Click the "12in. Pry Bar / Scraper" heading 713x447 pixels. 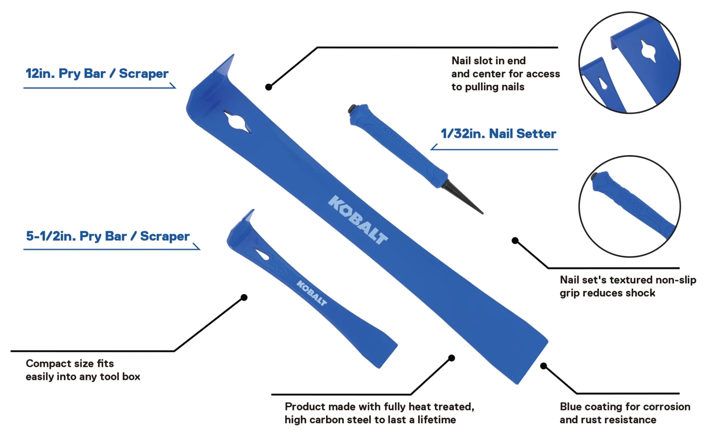[x=97, y=74]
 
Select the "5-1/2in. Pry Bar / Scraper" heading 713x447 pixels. [x=108, y=236]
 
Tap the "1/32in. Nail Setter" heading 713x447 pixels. [x=498, y=134]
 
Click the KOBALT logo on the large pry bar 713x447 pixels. [x=358, y=219]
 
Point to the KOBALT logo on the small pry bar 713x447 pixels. [x=312, y=293]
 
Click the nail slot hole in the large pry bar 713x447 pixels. [x=236, y=121]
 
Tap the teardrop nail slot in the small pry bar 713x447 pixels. [x=262, y=255]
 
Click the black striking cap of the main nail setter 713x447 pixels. [x=352, y=109]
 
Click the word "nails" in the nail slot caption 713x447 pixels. [x=513, y=87]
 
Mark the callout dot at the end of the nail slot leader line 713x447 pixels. [x=269, y=87]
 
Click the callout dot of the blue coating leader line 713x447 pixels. [x=543, y=366]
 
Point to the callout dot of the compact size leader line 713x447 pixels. [x=244, y=297]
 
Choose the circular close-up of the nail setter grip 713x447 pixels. [x=629, y=207]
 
